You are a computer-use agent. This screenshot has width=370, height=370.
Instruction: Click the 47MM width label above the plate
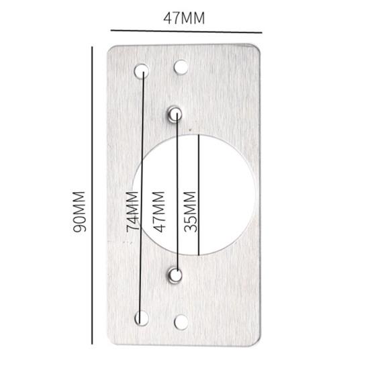point(183,17)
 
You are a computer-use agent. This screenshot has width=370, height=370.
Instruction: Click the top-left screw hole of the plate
point(142,69)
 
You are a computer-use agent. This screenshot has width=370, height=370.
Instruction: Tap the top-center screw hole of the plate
point(180,67)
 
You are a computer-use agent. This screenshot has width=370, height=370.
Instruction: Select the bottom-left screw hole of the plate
point(142,318)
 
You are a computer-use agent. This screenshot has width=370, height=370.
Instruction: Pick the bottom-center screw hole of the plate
point(180,322)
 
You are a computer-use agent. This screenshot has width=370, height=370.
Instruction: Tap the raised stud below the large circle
point(175,274)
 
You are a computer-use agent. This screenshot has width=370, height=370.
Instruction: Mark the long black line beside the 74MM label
point(143,195)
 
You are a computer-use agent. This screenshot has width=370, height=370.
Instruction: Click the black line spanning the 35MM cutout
point(199,195)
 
